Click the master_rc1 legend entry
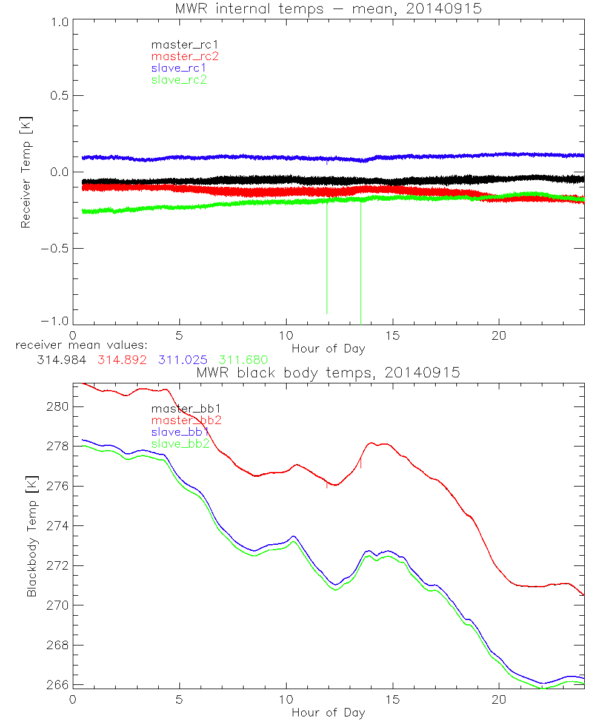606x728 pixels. tap(179, 44)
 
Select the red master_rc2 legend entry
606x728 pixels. tap(184, 56)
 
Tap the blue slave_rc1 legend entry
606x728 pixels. tap(179, 67)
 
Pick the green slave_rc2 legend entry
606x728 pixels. tap(179, 79)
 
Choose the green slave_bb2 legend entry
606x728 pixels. tap(180, 444)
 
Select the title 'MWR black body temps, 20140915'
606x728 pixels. tap(328, 373)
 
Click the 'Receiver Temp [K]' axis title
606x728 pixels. tap(25, 172)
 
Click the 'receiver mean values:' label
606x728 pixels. tap(77, 345)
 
